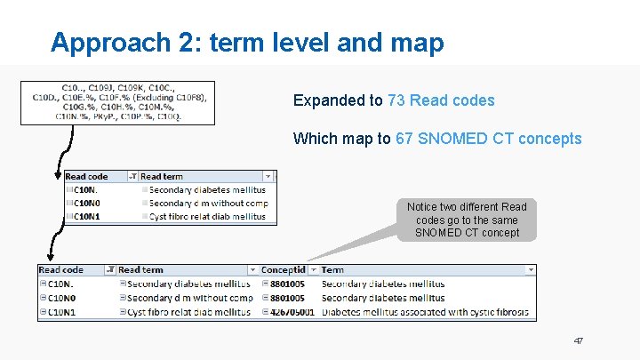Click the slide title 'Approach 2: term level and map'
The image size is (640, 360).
point(246,43)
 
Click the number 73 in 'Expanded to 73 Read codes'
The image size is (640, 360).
point(396,100)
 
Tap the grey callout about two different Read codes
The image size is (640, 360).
point(467,220)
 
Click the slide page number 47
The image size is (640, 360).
point(579,340)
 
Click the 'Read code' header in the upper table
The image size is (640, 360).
point(87,177)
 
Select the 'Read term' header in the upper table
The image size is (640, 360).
point(162,177)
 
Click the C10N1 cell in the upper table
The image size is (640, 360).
point(86,216)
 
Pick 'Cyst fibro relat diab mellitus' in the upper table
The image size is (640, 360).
point(207,216)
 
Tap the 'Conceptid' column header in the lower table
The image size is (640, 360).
point(284,269)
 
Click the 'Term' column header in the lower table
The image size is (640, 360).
point(332,269)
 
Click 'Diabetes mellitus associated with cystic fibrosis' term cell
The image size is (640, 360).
point(424,312)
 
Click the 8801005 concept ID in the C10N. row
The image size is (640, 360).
point(287,284)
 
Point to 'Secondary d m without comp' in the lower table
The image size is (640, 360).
point(189,298)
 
